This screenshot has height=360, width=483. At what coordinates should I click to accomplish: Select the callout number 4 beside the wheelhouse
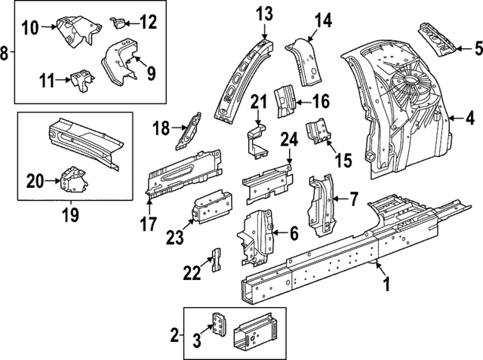469,118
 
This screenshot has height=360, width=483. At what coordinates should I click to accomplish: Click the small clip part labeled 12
118,21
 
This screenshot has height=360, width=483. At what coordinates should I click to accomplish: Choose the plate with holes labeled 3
220,325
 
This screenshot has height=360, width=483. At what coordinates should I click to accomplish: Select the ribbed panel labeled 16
285,103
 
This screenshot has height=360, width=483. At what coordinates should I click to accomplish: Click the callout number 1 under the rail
387,285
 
